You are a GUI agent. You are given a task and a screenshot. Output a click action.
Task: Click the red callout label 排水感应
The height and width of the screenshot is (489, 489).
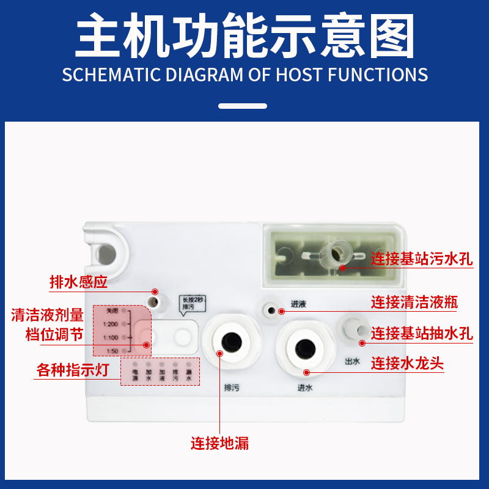(78, 283)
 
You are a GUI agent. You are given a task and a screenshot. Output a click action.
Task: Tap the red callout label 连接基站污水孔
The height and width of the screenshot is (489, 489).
(422, 259)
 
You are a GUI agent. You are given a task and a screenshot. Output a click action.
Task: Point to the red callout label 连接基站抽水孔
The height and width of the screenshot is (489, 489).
(422, 333)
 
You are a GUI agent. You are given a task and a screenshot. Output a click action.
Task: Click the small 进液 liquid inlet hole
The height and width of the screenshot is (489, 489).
(270, 309)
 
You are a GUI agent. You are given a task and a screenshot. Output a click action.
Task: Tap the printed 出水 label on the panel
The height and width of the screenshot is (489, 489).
(353, 361)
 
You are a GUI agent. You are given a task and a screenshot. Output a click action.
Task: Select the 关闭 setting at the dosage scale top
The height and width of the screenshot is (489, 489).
(111, 311)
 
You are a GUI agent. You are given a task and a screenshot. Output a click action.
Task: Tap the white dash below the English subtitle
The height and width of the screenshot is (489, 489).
(243, 106)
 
